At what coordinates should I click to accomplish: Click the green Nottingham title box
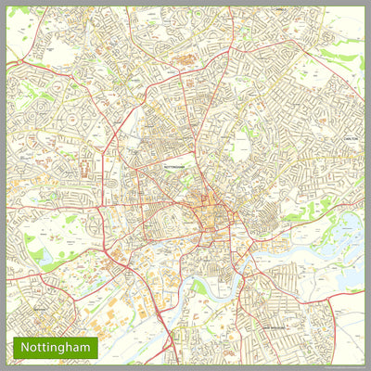[55, 347]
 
